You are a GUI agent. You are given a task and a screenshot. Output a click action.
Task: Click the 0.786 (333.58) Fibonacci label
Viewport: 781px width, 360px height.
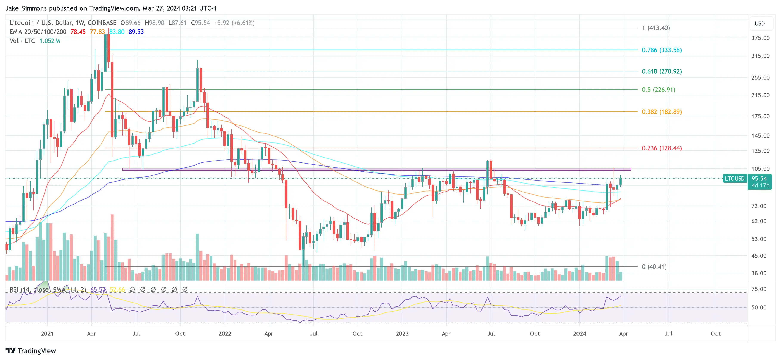(661, 50)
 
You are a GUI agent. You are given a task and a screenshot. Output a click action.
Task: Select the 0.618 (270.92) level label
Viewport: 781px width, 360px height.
(661, 71)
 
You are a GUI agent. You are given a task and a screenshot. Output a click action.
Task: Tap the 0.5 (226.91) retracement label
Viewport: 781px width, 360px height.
(658, 90)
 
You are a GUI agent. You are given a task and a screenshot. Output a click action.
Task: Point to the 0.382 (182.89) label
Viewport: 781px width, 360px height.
(661, 112)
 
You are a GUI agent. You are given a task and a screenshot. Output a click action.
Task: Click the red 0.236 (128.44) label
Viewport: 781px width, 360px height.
(661, 148)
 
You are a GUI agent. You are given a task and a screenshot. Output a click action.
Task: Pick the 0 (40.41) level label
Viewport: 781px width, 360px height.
(654, 267)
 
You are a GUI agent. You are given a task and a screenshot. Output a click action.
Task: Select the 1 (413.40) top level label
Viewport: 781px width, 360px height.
(655, 28)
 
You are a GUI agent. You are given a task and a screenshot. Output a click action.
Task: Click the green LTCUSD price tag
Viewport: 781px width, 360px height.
(734, 178)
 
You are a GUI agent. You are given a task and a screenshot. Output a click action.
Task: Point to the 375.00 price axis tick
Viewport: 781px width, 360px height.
(760, 38)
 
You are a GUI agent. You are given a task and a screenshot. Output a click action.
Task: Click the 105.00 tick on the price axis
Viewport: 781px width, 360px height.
(760, 169)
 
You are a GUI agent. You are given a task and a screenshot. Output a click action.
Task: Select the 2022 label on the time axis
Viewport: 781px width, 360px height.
(225, 334)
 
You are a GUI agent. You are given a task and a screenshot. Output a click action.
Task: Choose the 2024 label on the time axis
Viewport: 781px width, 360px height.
(579, 334)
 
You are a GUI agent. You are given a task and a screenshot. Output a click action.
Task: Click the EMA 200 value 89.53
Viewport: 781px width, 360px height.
(136, 32)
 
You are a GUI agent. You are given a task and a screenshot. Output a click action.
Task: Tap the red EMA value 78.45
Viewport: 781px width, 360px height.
(78, 32)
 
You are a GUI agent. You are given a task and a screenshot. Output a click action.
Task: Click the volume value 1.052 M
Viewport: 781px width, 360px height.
(50, 41)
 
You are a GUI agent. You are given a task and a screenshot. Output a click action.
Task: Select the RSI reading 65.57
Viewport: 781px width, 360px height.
(98, 290)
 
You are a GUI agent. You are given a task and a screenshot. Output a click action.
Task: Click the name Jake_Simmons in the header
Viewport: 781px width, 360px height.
(26, 8)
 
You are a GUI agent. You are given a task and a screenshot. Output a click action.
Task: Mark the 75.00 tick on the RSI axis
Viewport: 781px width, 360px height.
(759, 289)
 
